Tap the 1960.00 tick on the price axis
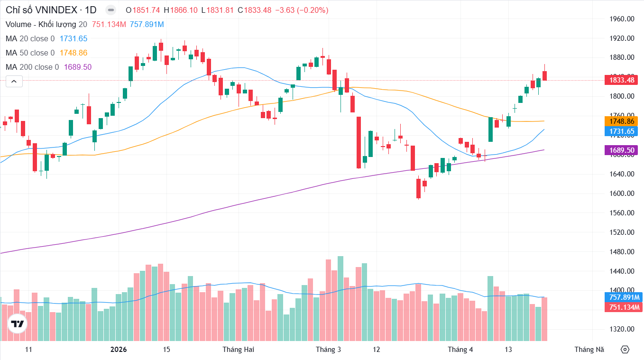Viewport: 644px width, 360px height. click(621, 19)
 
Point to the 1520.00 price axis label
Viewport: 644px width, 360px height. click(621, 232)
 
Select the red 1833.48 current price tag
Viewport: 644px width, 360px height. click(621, 80)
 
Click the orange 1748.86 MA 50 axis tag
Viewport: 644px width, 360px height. click(621, 121)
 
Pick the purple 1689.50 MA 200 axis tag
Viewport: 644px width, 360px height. click(621, 150)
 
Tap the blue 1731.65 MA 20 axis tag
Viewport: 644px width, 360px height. click(621, 131)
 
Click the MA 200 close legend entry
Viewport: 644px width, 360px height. click(32, 67)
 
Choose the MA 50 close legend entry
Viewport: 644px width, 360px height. click(30, 53)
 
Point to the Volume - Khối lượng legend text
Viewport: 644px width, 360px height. click(41, 24)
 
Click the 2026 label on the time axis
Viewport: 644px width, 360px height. click(119, 350)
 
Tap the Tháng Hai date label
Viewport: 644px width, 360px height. click(238, 350)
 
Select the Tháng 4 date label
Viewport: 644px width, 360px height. click(460, 350)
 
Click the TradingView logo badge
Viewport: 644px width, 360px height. click(18, 324)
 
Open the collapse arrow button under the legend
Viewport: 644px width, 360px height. click(14, 82)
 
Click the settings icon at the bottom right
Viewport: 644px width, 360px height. click(625, 350)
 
